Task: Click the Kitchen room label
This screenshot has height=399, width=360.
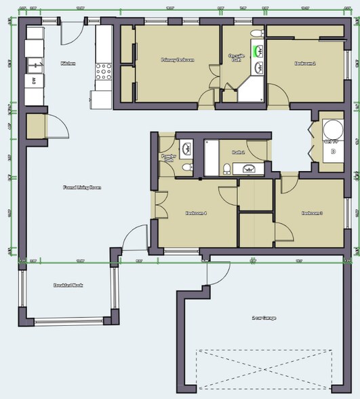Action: pyautogui.click(x=68, y=63)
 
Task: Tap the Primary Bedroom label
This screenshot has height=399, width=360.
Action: pyautogui.click(x=178, y=60)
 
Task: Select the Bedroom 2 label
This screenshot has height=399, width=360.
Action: pyautogui.click(x=305, y=63)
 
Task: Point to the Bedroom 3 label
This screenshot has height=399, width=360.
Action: pyautogui.click(x=311, y=213)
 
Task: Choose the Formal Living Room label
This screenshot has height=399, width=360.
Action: pyautogui.click(x=82, y=187)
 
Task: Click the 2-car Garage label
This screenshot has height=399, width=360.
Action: pyautogui.click(x=264, y=318)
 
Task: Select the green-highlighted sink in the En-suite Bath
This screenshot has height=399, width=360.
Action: pyautogui.click(x=258, y=50)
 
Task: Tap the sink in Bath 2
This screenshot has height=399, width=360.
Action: pyautogui.click(x=249, y=168)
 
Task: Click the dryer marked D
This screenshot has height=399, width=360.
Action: pyautogui.click(x=332, y=151)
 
